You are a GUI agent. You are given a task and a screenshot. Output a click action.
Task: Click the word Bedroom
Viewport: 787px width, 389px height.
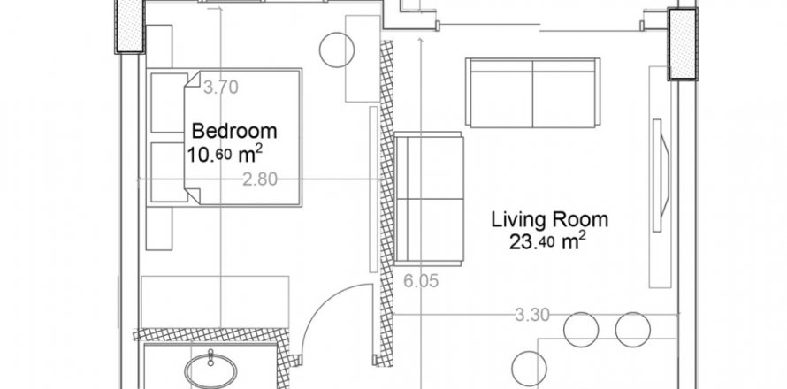[x=234, y=131]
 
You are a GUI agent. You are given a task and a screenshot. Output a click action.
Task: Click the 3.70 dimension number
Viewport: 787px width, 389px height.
[x=221, y=88]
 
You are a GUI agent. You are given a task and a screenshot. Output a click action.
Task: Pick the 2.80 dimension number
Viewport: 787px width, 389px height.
[x=260, y=179]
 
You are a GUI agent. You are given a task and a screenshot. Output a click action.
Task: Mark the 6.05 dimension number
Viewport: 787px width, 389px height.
[x=421, y=281]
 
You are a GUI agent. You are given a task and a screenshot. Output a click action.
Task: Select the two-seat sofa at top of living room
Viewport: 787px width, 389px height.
[x=533, y=93]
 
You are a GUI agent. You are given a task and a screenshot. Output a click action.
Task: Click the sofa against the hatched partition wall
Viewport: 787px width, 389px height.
[x=428, y=197]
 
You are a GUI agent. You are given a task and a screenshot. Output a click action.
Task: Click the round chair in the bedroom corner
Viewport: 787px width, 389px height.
[x=337, y=50]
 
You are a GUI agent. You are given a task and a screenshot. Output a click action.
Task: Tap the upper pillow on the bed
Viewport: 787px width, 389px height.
[x=168, y=104]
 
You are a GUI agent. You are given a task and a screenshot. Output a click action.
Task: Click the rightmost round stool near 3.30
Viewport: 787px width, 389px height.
[x=632, y=329]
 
